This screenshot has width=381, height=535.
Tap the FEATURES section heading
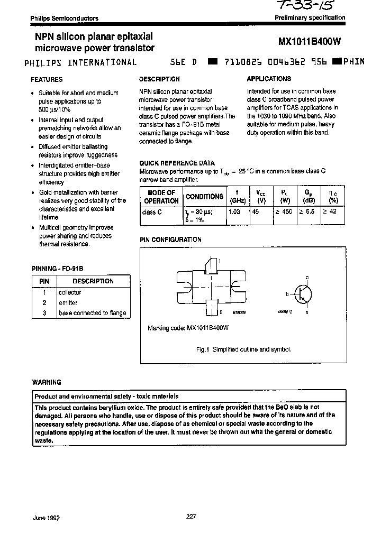coord(47,79)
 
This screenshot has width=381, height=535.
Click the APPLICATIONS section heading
coord(269,79)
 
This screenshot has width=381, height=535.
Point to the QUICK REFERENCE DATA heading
coord(177,163)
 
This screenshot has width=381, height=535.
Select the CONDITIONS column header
coord(204,197)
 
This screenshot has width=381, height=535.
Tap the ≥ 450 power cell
coord(285,211)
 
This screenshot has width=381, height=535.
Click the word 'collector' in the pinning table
coord(70,292)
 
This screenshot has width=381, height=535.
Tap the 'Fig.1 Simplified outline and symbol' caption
coord(243,349)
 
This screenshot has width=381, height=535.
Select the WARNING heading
coord(47,382)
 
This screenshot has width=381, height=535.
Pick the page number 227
coord(191,516)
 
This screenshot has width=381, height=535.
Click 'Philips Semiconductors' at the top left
coord(64,18)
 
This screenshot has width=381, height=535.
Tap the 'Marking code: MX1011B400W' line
coord(188,328)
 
